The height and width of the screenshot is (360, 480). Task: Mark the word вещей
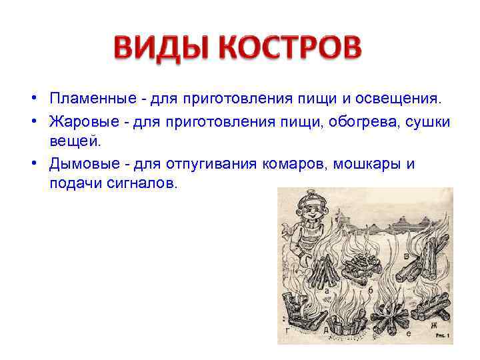coord(73,141)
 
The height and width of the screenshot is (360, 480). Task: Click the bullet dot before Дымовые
coord(32,164)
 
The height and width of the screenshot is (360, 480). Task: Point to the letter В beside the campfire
coord(407,256)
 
